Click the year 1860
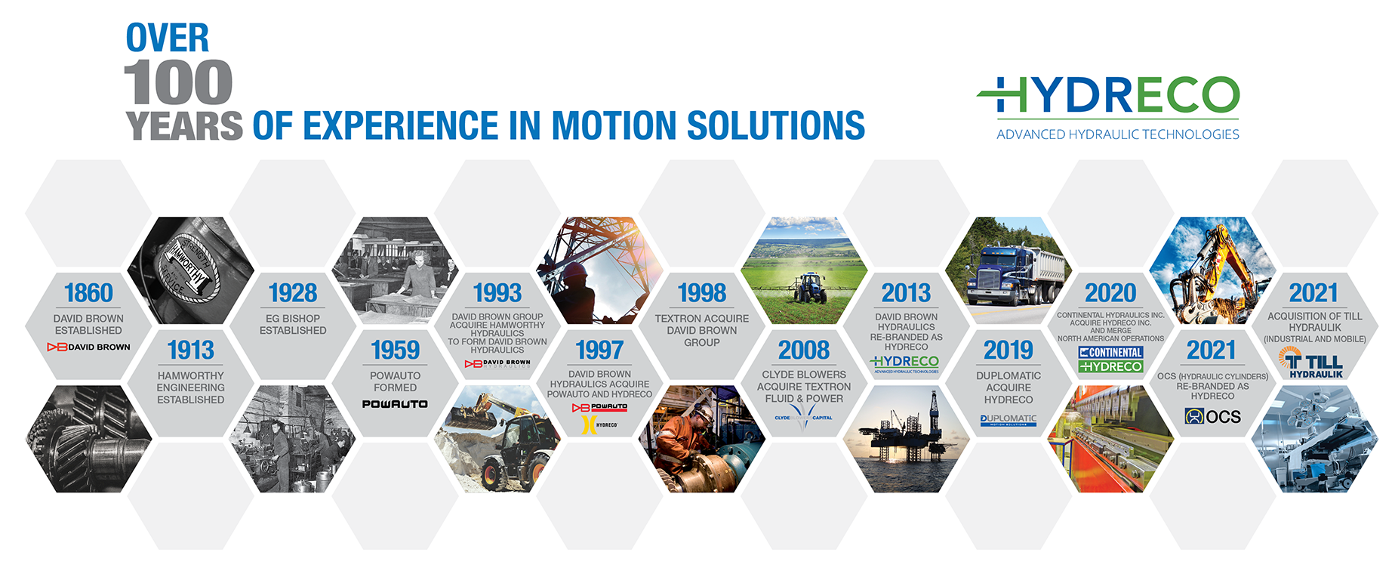point(88,292)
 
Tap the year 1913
point(191,350)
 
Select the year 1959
point(395,350)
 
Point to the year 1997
point(599,350)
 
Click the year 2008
point(804,350)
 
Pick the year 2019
point(1008,350)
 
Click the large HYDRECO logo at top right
point(1108,96)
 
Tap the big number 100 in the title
point(178,83)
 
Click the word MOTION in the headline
point(614,125)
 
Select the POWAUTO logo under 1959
point(395,404)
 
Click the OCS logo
point(1212,416)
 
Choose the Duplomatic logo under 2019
point(1009,419)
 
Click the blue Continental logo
point(1110,353)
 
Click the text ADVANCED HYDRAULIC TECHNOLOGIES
point(1117,134)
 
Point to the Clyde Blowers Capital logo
point(803,417)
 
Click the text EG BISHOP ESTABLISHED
point(293,324)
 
